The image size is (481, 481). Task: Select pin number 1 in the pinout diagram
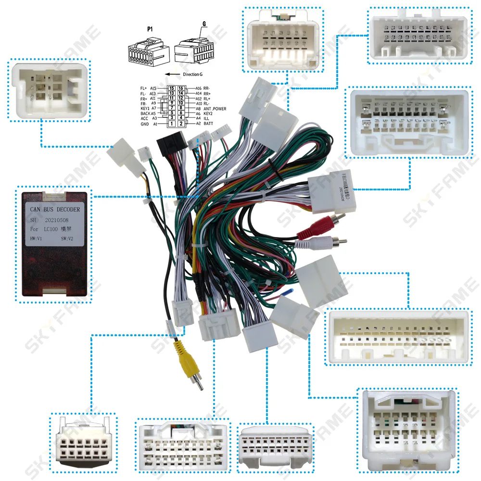(x=171, y=124)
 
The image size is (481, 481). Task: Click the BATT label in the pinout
(x=208, y=124)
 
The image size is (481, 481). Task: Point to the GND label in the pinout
(x=144, y=124)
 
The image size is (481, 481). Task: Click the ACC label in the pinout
(x=144, y=118)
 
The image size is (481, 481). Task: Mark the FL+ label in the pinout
(x=143, y=89)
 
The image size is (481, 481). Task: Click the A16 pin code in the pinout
(x=199, y=89)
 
